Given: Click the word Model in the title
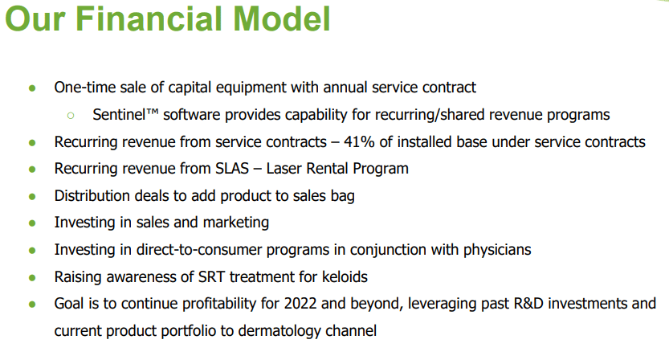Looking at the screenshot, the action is [282, 18].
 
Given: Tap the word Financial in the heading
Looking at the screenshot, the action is [150, 18].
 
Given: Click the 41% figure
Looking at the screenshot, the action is [359, 141].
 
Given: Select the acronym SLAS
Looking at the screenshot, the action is [232, 168].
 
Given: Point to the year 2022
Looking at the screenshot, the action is [300, 303].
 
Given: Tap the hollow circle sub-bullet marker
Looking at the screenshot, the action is [71, 115].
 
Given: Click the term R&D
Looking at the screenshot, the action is [528, 303].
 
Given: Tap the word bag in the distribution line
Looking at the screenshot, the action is [343, 196].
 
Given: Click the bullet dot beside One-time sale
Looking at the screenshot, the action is [32, 88].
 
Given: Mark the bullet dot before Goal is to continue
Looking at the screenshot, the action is [32, 305].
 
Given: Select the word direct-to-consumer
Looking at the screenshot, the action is [199, 249].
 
